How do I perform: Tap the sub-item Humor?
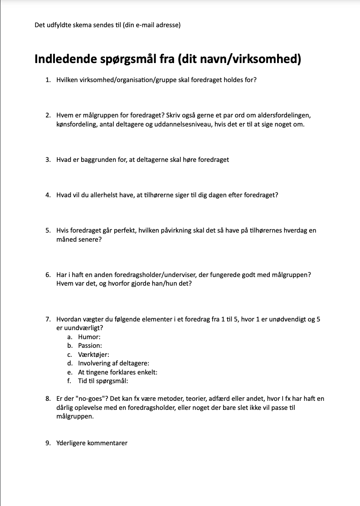pos(89,337)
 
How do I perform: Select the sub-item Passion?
pos(90,345)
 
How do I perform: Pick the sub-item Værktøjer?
pos(94,355)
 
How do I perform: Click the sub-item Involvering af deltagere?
pos(113,363)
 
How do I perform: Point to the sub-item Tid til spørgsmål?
pos(103,381)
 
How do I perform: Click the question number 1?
pos(48,80)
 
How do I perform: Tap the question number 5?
pos(48,230)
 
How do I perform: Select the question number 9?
pos(48,443)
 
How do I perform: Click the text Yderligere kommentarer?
pos(92,443)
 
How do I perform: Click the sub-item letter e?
pos(69,372)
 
